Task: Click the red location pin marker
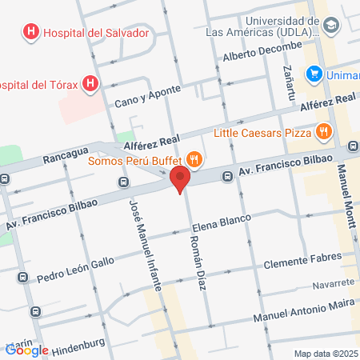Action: [x=181, y=178]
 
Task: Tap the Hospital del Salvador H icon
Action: [x=30, y=33]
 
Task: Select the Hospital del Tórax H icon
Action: [x=91, y=82]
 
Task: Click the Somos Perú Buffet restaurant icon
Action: [x=192, y=158]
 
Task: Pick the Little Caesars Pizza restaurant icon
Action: [x=323, y=131]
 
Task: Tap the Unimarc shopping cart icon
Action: [x=314, y=75]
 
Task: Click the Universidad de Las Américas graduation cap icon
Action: [x=332, y=26]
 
